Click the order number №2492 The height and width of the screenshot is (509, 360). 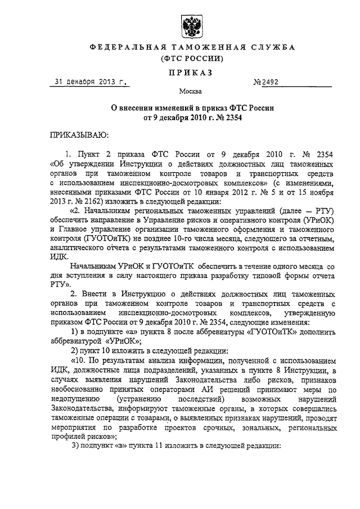click(266, 83)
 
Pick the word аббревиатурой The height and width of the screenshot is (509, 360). click(75, 341)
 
